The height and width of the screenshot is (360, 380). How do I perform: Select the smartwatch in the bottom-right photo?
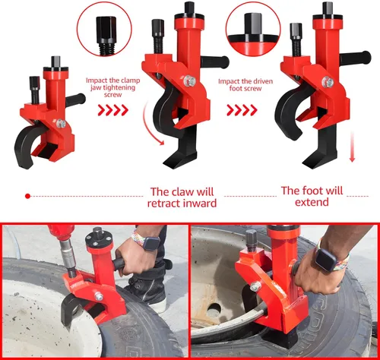(x=327, y=260)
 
